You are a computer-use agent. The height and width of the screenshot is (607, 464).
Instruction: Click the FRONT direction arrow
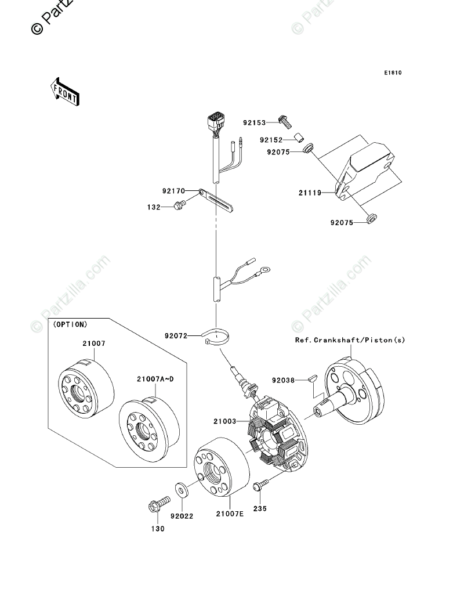(64, 92)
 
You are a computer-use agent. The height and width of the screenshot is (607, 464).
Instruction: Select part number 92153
(254, 123)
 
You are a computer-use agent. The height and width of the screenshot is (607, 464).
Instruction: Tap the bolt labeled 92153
(285, 121)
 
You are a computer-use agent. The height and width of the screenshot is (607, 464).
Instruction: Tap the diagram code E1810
(392, 73)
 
